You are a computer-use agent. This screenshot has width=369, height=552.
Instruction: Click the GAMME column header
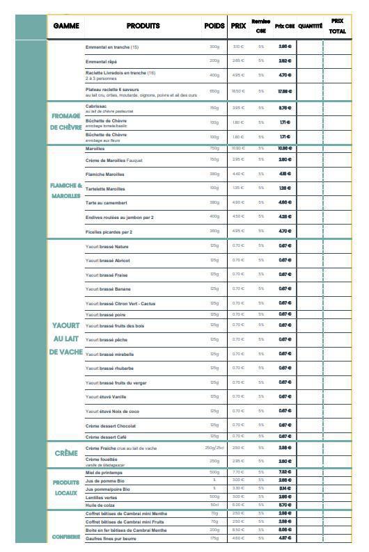[66, 26]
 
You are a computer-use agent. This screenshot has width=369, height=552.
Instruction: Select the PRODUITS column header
[143, 26]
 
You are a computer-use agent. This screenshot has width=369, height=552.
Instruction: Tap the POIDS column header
[214, 26]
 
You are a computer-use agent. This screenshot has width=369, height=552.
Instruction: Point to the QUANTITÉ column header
[310, 26]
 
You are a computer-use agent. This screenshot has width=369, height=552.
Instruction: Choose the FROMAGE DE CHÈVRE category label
[66, 122]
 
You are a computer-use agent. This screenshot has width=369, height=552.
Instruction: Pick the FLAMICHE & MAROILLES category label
[66, 190]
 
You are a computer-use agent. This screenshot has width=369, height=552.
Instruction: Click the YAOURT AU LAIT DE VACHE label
[66, 339]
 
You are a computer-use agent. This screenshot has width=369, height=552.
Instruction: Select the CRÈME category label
[66, 453]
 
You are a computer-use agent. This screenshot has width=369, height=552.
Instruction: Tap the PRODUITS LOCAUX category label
[66, 487]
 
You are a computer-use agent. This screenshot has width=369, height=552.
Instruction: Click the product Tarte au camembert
[106, 203]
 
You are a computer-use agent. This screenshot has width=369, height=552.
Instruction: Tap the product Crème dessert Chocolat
[110, 425]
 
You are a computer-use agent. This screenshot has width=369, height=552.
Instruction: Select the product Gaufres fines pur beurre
[111, 538]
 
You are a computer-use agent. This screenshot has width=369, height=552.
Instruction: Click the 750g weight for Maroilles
[214, 148]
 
